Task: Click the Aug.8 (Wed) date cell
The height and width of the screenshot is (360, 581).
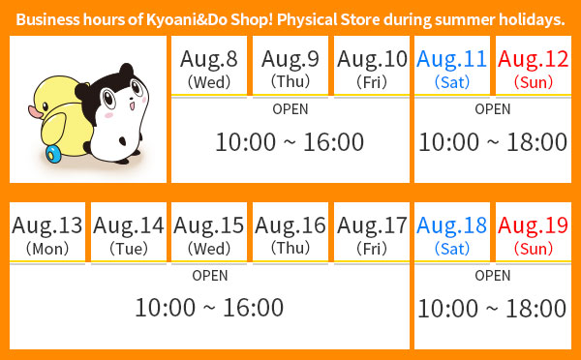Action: click(x=209, y=66)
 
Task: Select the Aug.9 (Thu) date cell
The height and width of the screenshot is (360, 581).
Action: click(x=290, y=66)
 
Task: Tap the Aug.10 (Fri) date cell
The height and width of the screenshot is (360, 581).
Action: click(x=372, y=66)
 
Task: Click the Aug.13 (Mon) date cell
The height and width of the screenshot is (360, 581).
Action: click(x=47, y=232)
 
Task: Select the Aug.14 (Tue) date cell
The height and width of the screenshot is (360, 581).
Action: click(x=129, y=232)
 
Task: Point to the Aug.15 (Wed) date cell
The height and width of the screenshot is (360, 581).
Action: click(x=209, y=232)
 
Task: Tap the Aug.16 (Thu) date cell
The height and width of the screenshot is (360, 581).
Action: click(x=290, y=232)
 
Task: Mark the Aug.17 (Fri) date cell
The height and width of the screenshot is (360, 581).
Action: click(x=372, y=232)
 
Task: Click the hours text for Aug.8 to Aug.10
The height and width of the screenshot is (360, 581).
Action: click(x=290, y=142)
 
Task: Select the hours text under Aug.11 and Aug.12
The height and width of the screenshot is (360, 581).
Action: click(x=493, y=142)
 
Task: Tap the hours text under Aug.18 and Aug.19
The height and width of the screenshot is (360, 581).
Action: click(x=492, y=309)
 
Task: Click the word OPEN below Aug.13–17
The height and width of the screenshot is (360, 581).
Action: click(x=210, y=276)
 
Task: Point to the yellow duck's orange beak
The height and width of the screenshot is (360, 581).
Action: click(x=35, y=112)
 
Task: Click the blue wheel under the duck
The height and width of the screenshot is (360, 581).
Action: click(x=53, y=154)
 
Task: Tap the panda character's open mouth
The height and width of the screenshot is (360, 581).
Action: click(x=132, y=106)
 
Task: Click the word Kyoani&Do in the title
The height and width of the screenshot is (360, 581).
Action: click(x=186, y=19)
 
